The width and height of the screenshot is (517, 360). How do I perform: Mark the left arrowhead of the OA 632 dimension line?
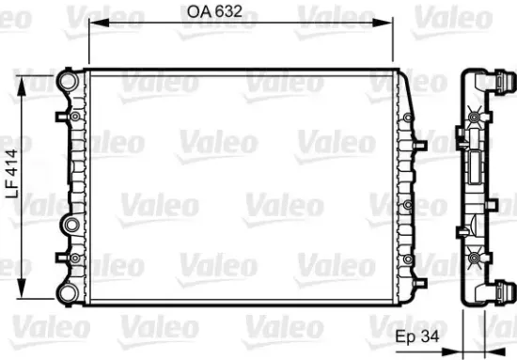(90, 27)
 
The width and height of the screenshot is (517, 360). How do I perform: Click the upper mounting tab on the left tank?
(61, 117)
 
